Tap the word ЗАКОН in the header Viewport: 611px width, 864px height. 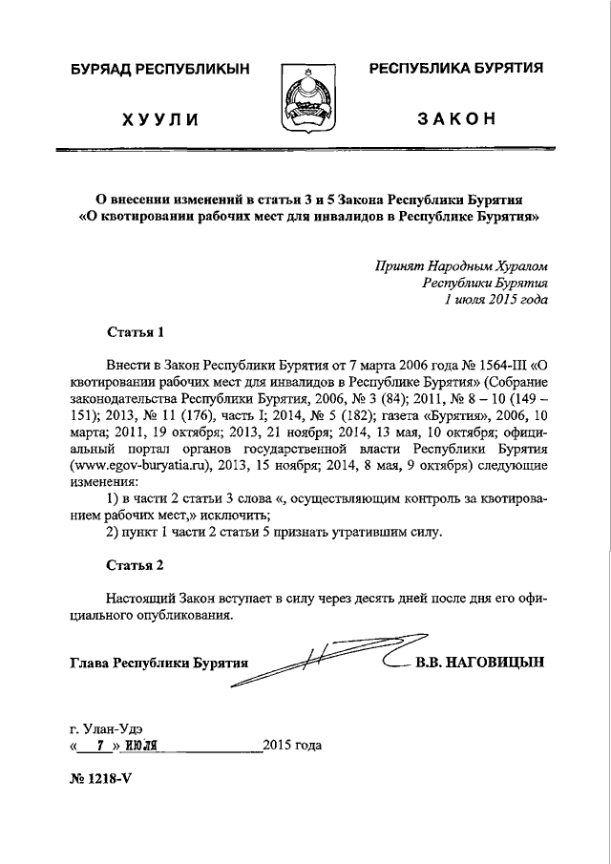point(455,118)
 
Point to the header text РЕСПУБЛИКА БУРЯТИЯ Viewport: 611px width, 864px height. point(455,69)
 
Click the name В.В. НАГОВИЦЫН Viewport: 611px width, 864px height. point(479,662)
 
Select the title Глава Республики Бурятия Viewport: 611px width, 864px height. point(159,662)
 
